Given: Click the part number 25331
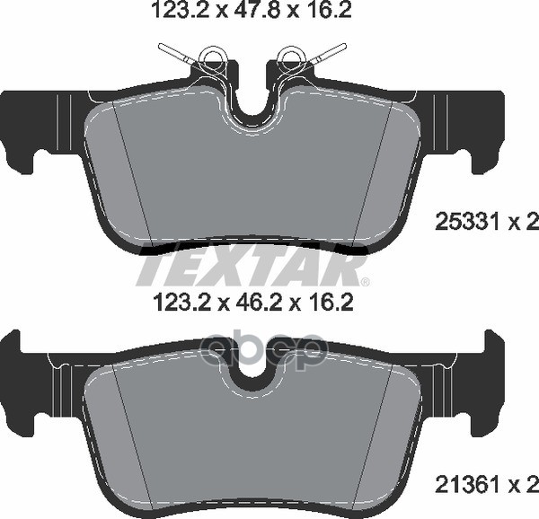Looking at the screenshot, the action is pos(466,222).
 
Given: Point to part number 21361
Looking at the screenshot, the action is pos(466,485).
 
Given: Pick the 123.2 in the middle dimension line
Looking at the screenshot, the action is pos(182,303).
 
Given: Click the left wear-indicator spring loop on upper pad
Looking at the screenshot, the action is pos(212,56).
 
